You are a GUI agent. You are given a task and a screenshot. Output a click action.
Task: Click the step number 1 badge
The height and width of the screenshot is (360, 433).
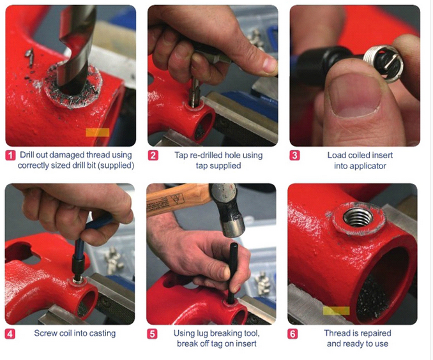tap(10, 155)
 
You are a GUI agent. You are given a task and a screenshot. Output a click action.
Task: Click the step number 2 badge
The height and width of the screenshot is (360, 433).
tap(153, 155)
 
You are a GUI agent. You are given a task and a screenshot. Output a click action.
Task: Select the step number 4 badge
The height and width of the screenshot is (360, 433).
tap(10, 333)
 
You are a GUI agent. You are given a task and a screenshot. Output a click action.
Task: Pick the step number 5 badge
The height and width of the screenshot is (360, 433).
tap(153, 333)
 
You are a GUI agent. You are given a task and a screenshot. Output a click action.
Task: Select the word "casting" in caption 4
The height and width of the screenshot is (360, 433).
tap(101, 333)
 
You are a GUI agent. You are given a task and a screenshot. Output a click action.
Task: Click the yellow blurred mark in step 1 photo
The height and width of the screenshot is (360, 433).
tap(97, 132)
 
